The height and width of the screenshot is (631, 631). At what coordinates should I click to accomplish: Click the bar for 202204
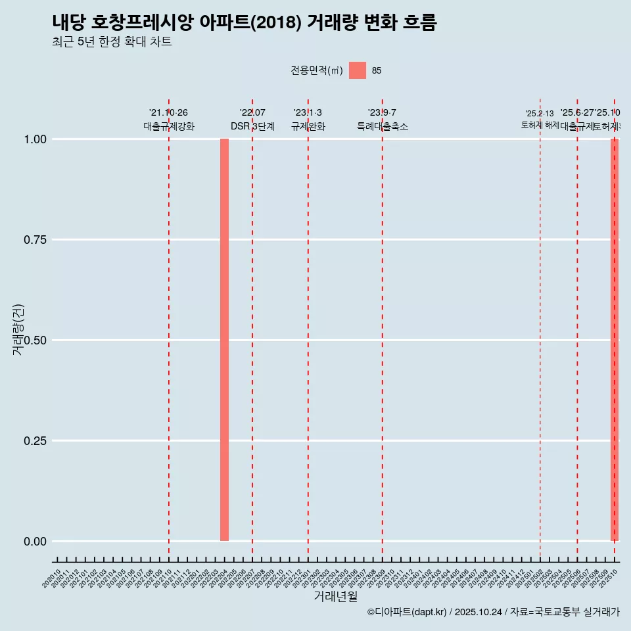[x=224, y=340]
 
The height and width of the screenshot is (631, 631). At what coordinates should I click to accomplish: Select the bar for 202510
[x=615, y=340]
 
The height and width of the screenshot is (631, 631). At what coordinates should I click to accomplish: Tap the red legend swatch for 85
[x=358, y=70]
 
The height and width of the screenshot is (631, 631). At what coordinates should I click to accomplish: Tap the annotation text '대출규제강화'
[x=169, y=126]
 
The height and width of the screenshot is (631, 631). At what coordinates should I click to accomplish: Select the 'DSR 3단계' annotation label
[x=252, y=126]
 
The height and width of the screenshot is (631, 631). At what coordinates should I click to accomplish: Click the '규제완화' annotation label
[x=308, y=126]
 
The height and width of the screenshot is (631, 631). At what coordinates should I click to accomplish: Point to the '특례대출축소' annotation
[x=383, y=126]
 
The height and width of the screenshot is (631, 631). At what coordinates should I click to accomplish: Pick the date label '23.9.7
[x=382, y=113]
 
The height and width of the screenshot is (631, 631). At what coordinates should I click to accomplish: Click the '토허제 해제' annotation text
[x=540, y=125]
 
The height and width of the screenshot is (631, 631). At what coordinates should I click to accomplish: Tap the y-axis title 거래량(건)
[x=18, y=329]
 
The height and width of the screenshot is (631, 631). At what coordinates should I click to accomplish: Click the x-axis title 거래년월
[x=336, y=597]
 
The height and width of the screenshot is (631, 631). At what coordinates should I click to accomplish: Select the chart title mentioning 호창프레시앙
[x=245, y=23]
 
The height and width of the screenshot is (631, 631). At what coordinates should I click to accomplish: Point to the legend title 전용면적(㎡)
[x=317, y=71]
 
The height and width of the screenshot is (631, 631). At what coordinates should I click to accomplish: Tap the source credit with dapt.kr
[x=493, y=613]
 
